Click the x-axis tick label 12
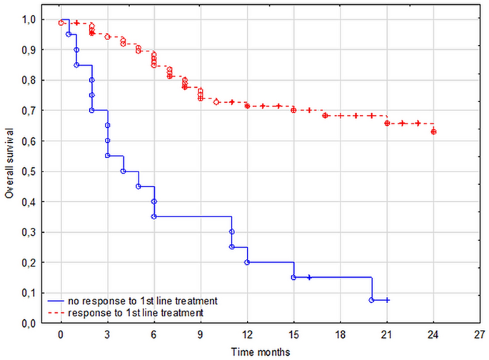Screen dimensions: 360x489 [x=247, y=334]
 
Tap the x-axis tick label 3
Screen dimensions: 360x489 [x=107, y=334]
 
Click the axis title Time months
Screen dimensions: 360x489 [x=261, y=351]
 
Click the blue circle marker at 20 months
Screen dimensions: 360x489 [x=371, y=300]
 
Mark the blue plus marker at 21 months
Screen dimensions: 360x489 [x=387, y=300]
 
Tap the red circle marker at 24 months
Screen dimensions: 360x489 [x=433, y=131]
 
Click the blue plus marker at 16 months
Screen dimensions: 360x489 [x=309, y=277]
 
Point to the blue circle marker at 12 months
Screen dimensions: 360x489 [x=247, y=262]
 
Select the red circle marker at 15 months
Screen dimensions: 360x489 [x=293, y=110]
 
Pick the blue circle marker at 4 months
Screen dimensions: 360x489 [x=123, y=171]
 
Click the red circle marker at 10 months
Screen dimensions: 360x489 [x=216, y=102]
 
